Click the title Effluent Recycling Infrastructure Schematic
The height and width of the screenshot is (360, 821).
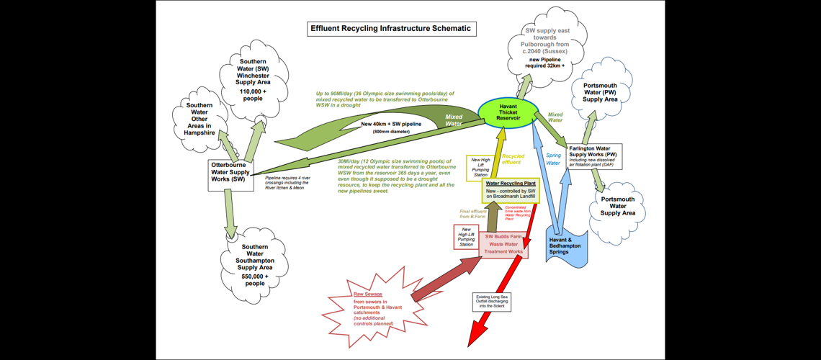click(391, 29)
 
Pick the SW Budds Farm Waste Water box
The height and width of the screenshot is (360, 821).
click(503, 244)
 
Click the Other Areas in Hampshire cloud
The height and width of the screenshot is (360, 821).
click(199, 120)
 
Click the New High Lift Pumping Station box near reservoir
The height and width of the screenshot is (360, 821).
click(479, 167)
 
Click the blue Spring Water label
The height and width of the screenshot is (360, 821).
click(553, 159)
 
